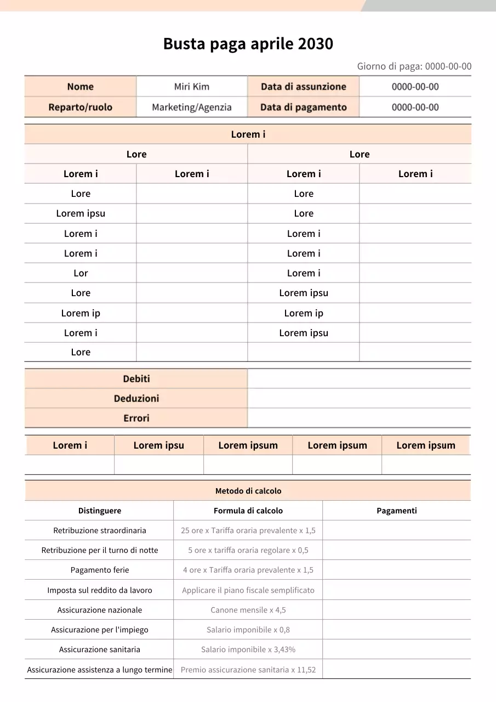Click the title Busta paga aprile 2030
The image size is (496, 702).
click(248, 44)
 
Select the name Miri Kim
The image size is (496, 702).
click(191, 87)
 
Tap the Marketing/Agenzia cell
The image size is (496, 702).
click(191, 107)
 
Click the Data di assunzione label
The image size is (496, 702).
click(303, 87)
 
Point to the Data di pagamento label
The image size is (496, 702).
click(303, 107)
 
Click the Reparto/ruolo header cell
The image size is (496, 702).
click(80, 107)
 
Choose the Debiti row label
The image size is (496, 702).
click(136, 379)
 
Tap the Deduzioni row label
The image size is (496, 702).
click(136, 399)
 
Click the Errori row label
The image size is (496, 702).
click(136, 418)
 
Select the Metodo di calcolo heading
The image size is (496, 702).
click(248, 491)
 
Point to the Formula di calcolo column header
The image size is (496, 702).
click(248, 511)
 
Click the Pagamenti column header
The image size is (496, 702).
click(396, 511)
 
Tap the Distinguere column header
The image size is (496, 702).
click(99, 511)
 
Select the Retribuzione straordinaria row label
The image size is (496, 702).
click(99, 530)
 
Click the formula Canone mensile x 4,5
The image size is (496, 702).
click(248, 610)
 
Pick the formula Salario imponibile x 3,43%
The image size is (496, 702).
click(248, 649)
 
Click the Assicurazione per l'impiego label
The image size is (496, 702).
click(99, 630)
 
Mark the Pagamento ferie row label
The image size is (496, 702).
click(99, 570)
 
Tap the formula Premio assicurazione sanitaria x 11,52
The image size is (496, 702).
click(248, 670)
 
